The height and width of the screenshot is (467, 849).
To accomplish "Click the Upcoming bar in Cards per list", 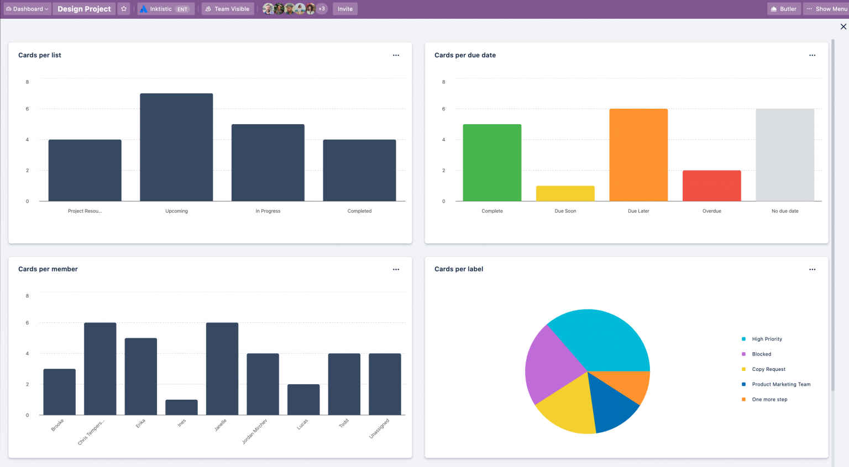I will click(176, 147).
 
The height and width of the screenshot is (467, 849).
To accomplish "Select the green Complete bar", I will click(492, 163).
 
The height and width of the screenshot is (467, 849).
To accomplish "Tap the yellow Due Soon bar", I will click(565, 194).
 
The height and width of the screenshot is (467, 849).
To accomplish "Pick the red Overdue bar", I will click(711, 186).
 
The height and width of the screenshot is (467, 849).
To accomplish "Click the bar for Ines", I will click(181, 407).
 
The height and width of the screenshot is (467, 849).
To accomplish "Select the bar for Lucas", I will click(303, 400).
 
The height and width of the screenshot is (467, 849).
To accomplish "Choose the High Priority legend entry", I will click(767, 339).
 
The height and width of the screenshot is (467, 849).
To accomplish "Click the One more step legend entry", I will click(769, 400).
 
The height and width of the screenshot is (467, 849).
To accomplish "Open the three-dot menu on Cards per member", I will click(396, 269).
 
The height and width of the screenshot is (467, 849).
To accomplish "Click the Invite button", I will click(345, 9).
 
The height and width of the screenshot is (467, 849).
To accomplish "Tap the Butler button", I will click(784, 9).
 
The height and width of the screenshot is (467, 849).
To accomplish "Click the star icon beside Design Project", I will click(124, 9).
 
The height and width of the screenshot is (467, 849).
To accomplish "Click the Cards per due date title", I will click(465, 55).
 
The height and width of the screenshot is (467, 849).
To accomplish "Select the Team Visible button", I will click(227, 9).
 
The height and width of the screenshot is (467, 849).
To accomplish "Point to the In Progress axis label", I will click(268, 211).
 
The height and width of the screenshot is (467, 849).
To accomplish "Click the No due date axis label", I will click(785, 211).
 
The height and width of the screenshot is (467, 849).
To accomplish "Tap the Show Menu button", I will click(826, 9).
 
